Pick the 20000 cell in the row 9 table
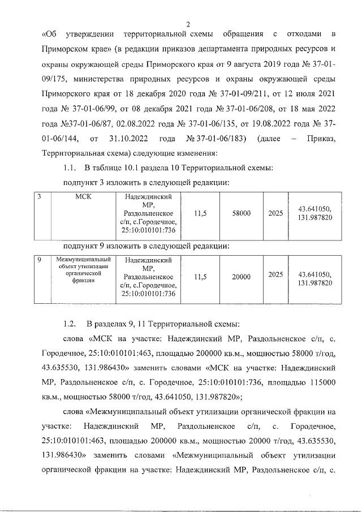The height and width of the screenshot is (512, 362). (242, 276)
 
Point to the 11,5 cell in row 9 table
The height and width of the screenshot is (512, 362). (200, 276)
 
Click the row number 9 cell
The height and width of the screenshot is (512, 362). (39, 260)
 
